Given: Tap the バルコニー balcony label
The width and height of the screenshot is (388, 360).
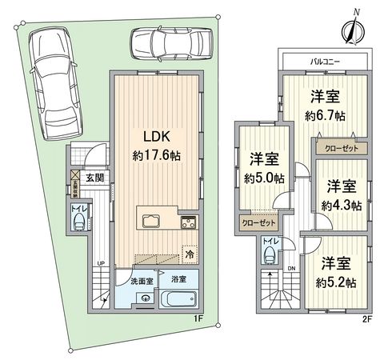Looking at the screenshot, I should point(325,61).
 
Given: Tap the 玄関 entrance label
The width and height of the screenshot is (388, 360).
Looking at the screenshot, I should point(95,178).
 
